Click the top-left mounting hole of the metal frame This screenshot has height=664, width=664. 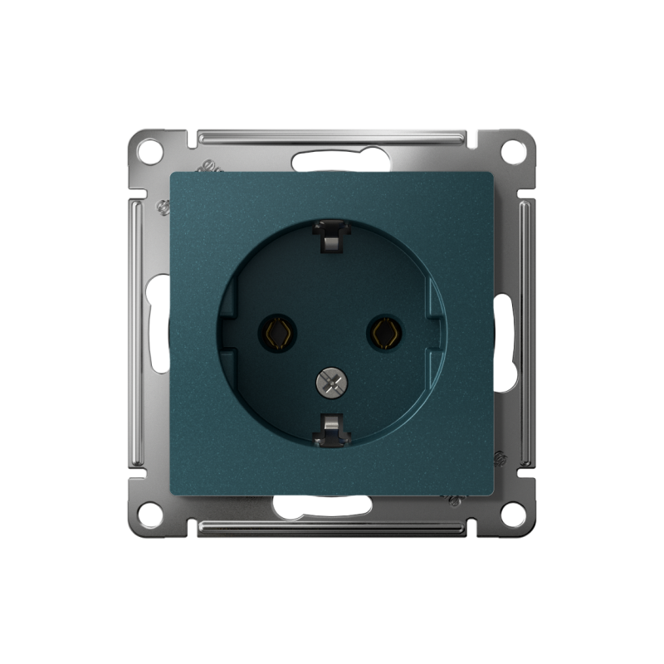coord(149,152)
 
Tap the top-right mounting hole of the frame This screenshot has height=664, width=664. coord(514,152)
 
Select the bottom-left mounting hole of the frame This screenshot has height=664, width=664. coord(149,514)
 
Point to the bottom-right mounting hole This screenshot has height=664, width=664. coord(514,514)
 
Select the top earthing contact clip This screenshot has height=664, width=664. coord(330,236)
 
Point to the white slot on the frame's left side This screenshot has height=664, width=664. coord(158,324)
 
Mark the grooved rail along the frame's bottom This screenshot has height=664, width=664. coord(332,529)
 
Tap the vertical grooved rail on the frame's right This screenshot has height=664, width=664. coord(527,332)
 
